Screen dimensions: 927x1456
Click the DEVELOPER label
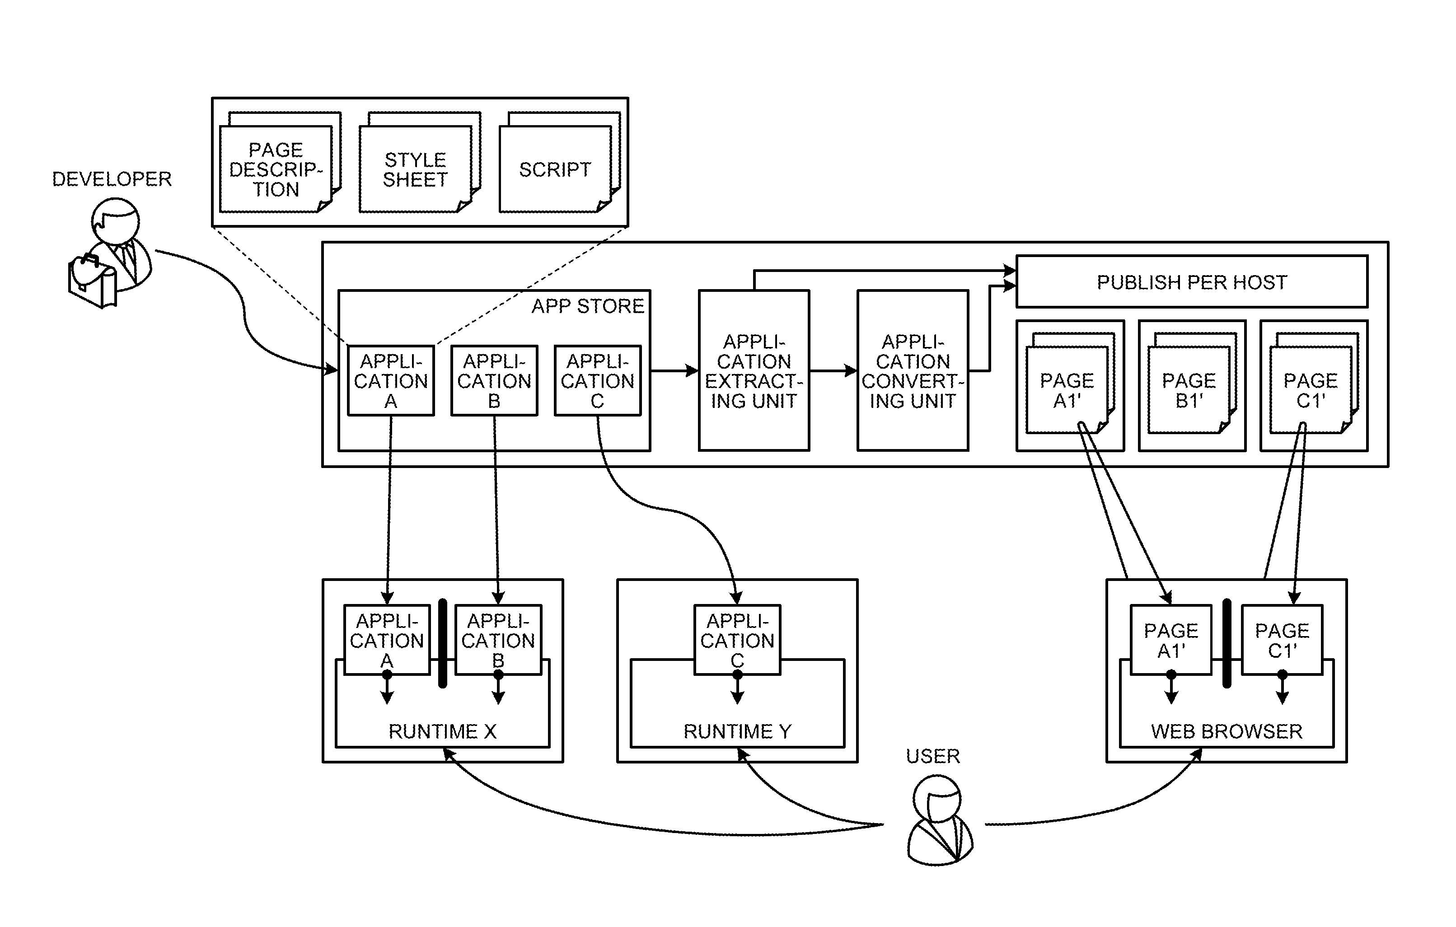[x=112, y=179]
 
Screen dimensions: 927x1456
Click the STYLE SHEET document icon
[x=416, y=169]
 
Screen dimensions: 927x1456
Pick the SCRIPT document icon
[x=555, y=169]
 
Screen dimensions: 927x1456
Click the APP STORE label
[x=588, y=307]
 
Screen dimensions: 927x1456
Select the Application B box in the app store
[x=494, y=381]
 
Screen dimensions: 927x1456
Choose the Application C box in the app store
[x=597, y=381]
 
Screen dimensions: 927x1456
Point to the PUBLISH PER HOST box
[x=1191, y=282]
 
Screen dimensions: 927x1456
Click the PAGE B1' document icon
[x=1189, y=390]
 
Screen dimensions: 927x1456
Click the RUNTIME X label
[x=442, y=732]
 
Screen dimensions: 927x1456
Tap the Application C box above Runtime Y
[x=737, y=640]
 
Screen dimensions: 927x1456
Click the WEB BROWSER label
[x=1226, y=732]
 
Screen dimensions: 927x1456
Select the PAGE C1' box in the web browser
[x=1282, y=640]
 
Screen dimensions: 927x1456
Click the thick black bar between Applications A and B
[x=443, y=643]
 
